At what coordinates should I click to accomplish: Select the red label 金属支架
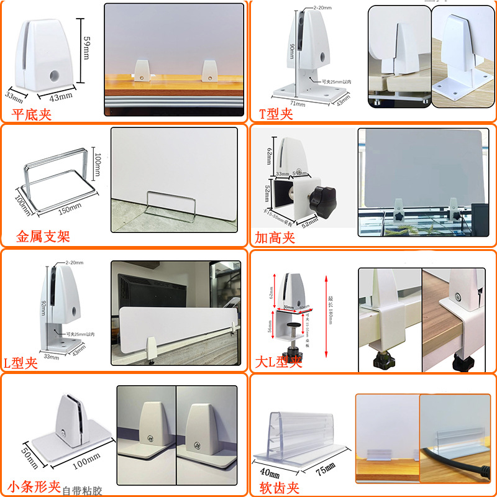tap(43, 237)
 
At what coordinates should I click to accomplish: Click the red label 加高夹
tap(274, 237)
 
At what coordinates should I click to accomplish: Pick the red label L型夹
tap(21, 363)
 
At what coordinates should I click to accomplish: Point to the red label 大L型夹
tap(278, 362)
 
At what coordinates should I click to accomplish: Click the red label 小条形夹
tap(34, 485)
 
